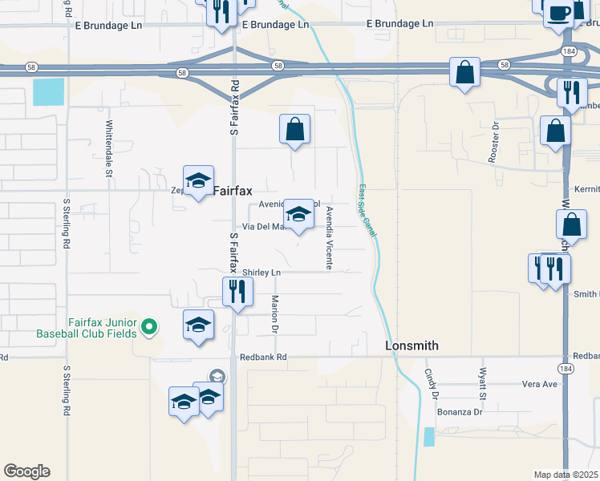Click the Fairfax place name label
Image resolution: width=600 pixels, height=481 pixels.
coord(233,192)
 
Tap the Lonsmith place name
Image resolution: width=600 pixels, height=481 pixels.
coord(411,346)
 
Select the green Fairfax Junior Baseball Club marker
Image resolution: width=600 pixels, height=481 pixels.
coord(148,326)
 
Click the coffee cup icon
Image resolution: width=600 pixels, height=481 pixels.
coord(558,14)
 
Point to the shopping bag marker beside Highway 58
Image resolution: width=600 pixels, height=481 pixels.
coord(464,72)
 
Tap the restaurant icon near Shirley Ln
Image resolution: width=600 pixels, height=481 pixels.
coord(237,292)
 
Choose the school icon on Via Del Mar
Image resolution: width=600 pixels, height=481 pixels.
coord(298,215)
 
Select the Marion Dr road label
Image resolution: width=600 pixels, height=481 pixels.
coord(274,314)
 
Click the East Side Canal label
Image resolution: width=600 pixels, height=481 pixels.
coord(368,210)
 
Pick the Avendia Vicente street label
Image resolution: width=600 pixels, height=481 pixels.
coord(329,237)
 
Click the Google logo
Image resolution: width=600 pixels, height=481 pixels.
coord(26,471)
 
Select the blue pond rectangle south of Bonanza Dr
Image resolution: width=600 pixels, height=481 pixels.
coord(429,437)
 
